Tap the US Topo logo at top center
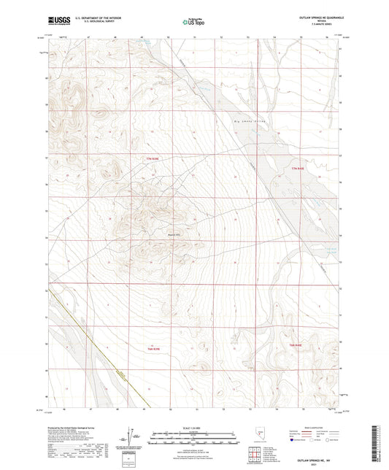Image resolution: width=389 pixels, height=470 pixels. (x=193, y=22)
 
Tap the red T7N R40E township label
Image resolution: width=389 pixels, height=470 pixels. (x=296, y=169)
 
